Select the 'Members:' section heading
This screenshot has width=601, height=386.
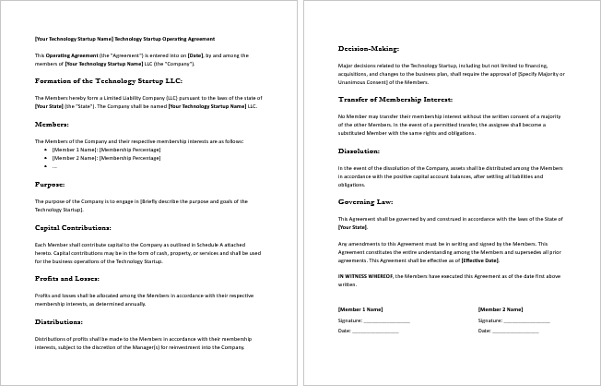tap(51, 123)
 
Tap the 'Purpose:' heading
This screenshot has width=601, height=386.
tap(50, 184)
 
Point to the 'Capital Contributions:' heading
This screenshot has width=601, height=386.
tap(73, 226)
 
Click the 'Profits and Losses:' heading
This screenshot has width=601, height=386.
tap(68, 278)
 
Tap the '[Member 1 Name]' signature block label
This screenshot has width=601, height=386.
tap(360, 309)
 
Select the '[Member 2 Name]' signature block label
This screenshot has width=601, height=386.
tap(501, 309)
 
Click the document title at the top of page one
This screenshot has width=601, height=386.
tap(124, 39)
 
